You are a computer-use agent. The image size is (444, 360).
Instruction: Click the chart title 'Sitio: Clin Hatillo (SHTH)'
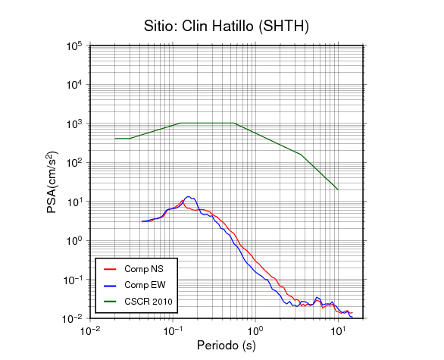pos(227,27)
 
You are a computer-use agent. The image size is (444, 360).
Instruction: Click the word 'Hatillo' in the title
pos(233,26)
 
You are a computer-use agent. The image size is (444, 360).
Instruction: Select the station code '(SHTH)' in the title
pos(283,27)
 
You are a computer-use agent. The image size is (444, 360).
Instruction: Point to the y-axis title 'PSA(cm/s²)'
pos(52,182)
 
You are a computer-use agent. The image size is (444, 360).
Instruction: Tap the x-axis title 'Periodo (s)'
pos(227,346)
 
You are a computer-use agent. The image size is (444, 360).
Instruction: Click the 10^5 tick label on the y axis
pos(74,45)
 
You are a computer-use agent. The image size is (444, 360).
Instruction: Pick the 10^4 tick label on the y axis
pos(74,85)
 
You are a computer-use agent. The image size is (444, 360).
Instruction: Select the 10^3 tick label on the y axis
pos(74,124)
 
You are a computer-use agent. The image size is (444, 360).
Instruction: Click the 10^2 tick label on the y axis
pos(74,163)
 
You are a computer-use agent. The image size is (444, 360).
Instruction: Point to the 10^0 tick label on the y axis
pos(74,241)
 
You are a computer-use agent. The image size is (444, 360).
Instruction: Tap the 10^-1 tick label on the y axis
pos(73,280)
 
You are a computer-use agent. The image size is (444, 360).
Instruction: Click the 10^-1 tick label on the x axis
pos(173,330)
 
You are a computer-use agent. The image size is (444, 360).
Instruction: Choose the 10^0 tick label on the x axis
pos(255,330)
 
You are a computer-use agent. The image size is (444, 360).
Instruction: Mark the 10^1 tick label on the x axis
pos(338,330)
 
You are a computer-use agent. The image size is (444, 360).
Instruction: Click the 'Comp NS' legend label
pos(144,269)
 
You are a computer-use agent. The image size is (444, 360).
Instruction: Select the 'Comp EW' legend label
pos(145,285)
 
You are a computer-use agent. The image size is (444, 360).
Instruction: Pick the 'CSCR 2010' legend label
pos(149,302)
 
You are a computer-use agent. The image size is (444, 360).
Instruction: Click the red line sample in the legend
pos(110,269)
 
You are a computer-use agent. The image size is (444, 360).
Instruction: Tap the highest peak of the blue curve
pos(188,196)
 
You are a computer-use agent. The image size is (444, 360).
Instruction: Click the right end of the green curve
pos(338,189)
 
